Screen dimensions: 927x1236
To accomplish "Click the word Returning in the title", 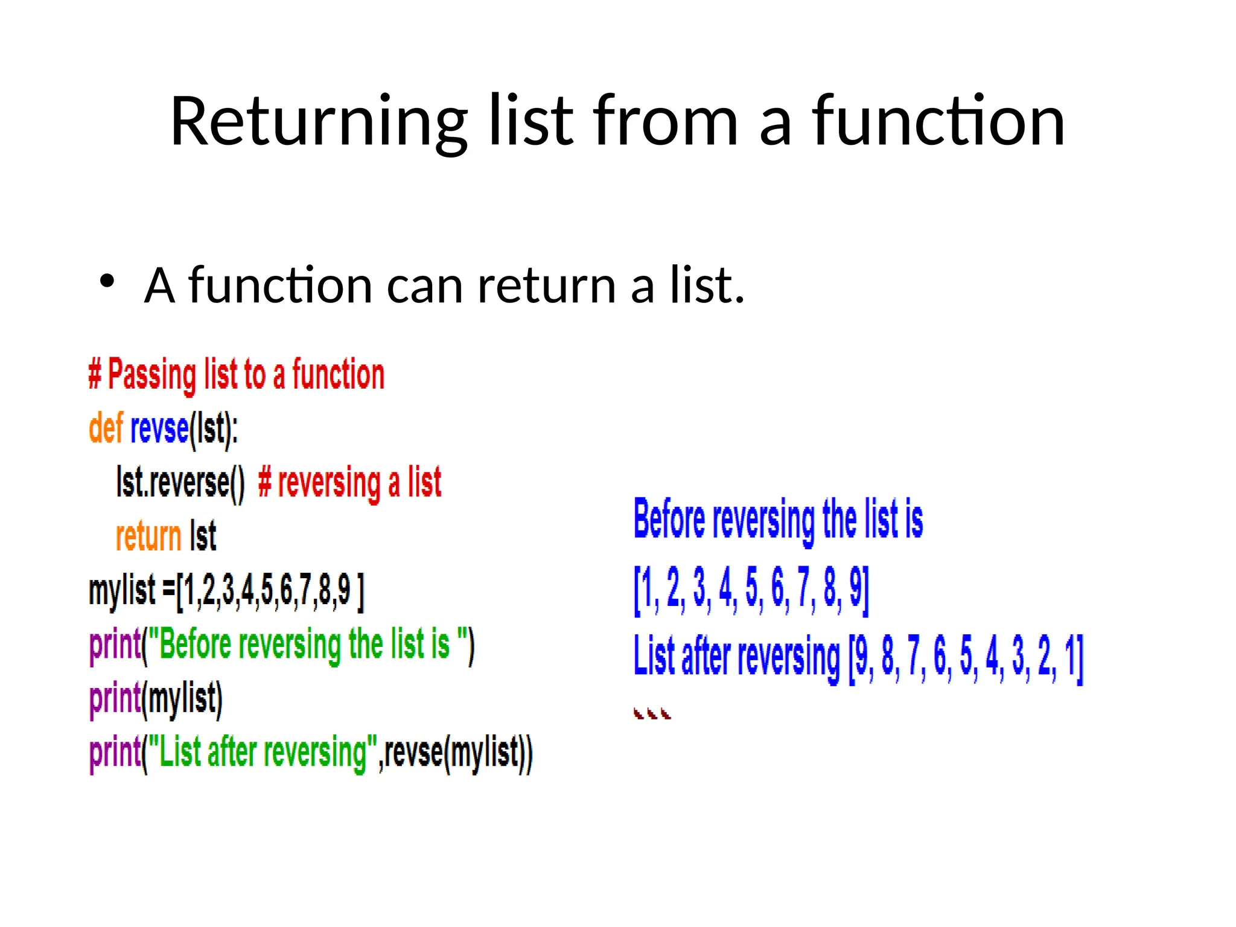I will (319, 122).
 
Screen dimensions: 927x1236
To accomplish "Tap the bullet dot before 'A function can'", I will (107, 281).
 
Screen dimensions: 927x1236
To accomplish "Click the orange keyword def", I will (106, 428).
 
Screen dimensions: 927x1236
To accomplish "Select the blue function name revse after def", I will (159, 428).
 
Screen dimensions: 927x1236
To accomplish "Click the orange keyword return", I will (148, 537).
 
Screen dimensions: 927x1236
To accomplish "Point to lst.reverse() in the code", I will (180, 483).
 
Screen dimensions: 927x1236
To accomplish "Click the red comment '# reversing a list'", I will (350, 483).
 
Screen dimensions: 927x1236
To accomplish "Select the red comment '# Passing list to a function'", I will (236, 375).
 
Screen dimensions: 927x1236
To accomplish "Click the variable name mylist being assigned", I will (122, 590).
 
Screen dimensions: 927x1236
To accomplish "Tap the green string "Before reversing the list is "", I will (307, 645).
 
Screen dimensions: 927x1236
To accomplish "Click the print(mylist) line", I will (156, 698).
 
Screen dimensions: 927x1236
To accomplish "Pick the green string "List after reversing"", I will (262, 753).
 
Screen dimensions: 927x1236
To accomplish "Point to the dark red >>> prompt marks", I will (652, 714).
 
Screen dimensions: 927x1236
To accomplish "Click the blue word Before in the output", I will (669, 519).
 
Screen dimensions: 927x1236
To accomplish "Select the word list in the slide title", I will (530, 122).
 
